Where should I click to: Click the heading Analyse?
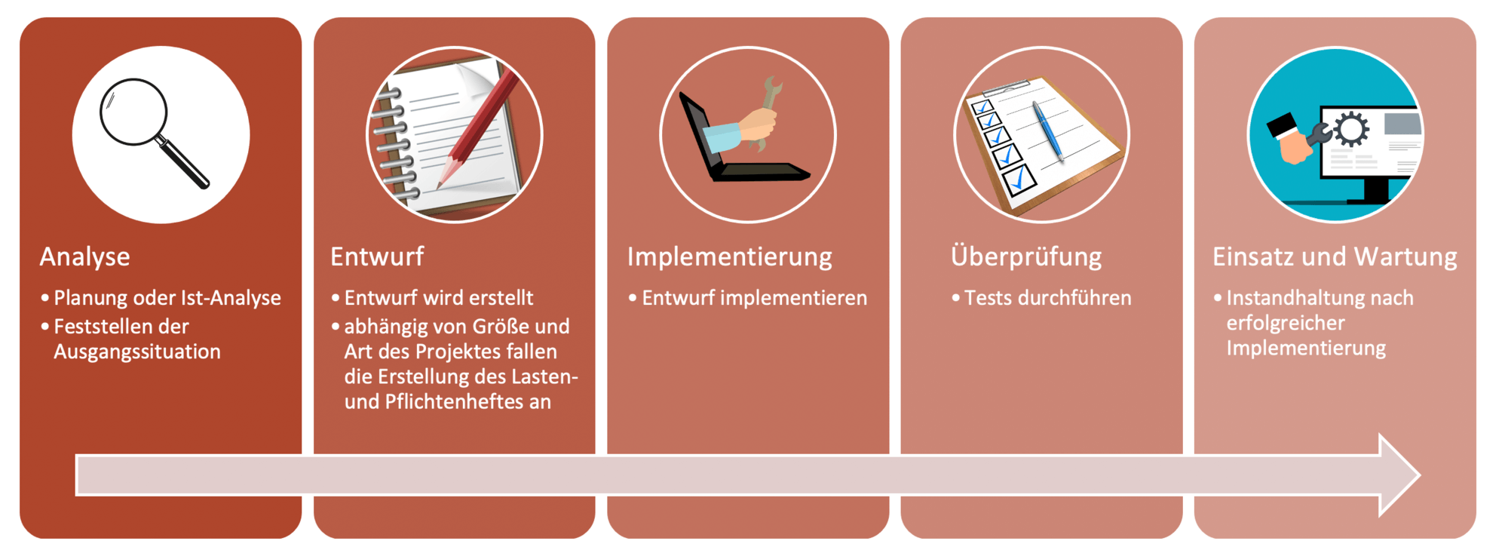[x=84, y=257]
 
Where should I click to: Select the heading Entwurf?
[x=377, y=257]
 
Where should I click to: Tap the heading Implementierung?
[x=730, y=257]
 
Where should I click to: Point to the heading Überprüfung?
[x=1026, y=256]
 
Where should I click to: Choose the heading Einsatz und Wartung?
[x=1335, y=257]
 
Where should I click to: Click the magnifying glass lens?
[x=133, y=112]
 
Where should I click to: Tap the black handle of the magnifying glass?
[x=182, y=162]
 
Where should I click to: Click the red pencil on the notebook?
[x=477, y=128]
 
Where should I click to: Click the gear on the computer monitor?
[x=1351, y=129]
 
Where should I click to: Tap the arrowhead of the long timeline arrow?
[x=1400, y=475]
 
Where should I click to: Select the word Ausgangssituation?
[x=137, y=352]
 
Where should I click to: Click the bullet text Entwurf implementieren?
[x=754, y=298]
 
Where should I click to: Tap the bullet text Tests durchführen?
[x=1048, y=298]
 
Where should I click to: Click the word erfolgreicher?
[x=1286, y=323]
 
